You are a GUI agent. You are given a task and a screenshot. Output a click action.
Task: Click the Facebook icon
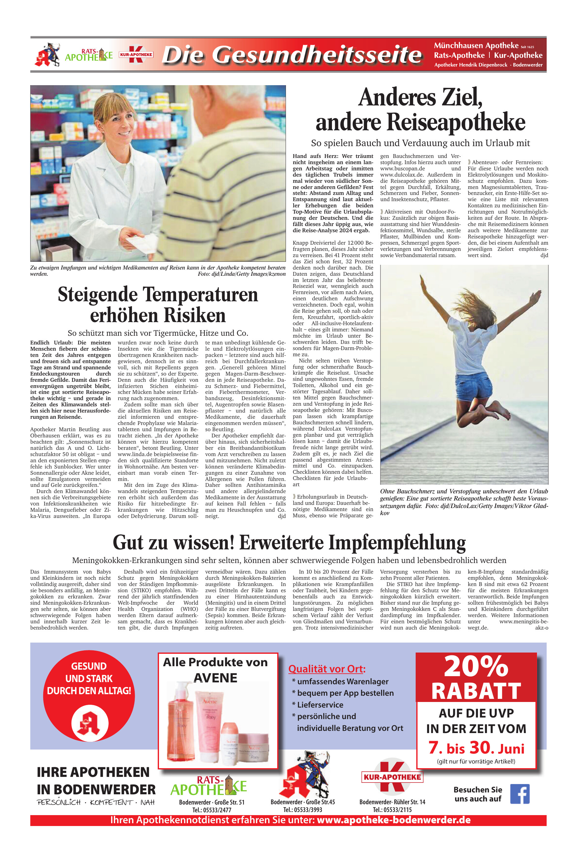(x=520, y=794)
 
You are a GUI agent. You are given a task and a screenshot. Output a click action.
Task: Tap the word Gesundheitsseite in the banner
(x=318, y=55)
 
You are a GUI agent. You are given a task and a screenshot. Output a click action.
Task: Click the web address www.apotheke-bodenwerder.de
(x=394, y=820)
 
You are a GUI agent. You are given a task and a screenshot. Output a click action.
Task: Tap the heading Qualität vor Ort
(x=327, y=669)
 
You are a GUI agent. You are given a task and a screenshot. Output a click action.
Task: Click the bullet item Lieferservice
(x=320, y=705)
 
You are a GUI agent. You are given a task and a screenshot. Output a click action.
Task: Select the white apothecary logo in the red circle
(x=90, y=723)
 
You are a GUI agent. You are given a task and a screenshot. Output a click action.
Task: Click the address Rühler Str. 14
(x=409, y=802)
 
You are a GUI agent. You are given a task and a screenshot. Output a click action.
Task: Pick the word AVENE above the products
(x=215, y=678)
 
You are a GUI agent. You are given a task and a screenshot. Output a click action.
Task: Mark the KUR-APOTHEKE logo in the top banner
(x=136, y=55)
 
